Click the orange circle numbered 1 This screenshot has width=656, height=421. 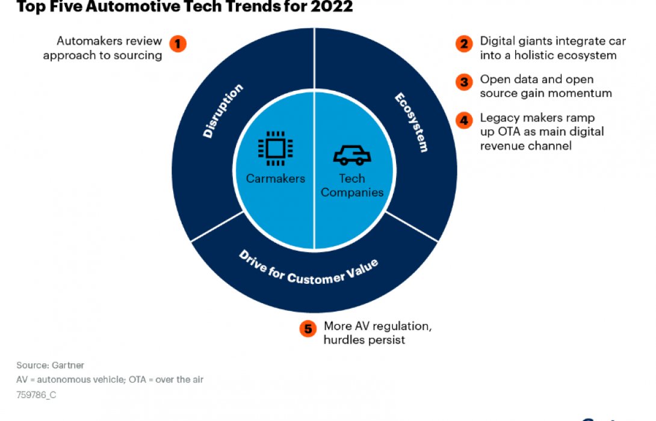tap(178, 44)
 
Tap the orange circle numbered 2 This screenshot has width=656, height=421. tap(463, 44)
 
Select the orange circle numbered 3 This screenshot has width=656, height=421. tap(463, 82)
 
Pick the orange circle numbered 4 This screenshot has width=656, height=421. tap(463, 120)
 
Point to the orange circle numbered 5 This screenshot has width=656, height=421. tap(308, 328)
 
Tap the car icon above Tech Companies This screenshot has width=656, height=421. tap(352, 156)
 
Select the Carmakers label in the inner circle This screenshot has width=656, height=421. tap(275, 179)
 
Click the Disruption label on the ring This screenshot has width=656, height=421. tap(223, 112)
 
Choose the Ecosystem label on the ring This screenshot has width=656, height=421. tap(411, 122)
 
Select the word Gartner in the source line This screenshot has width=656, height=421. tap(67, 365)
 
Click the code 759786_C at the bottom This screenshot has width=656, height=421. tap(37, 395)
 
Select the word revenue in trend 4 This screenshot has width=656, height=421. tap(500, 146)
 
